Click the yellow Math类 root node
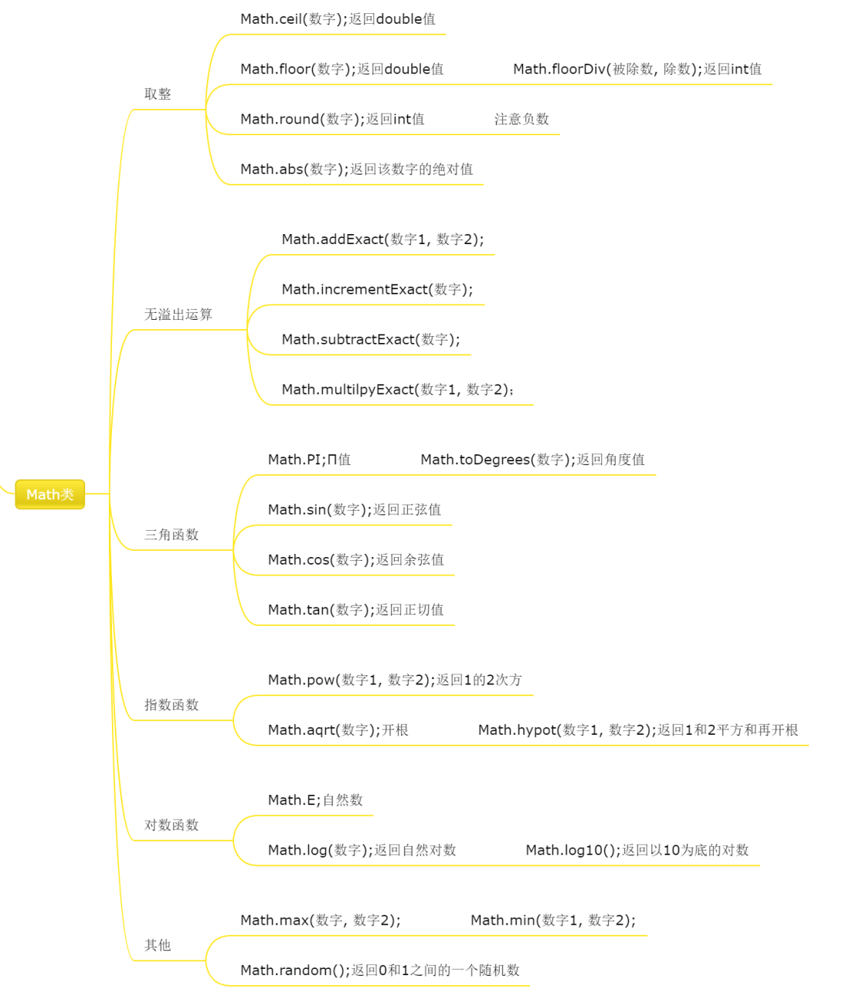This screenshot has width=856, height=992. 50,494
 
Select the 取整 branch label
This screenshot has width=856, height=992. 158,93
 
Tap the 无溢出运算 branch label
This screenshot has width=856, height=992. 178,314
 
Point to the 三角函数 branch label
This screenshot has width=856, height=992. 172,534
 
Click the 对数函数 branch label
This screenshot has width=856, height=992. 172,824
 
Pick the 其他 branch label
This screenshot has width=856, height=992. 158,945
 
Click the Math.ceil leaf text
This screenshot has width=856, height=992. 338,19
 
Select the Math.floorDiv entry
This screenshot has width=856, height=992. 637,69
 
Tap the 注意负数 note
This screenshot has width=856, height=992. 521,119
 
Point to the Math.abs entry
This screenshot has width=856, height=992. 356,169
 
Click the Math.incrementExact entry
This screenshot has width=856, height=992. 377,290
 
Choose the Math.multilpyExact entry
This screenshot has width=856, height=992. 397,389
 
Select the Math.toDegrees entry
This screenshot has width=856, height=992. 532,459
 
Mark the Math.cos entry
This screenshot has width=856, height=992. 355,559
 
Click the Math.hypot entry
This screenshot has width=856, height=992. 638,729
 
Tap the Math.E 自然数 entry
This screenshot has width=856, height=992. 315,800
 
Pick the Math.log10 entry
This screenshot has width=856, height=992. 637,850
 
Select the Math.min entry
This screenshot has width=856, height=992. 552,920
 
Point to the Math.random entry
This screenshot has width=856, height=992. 380,970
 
